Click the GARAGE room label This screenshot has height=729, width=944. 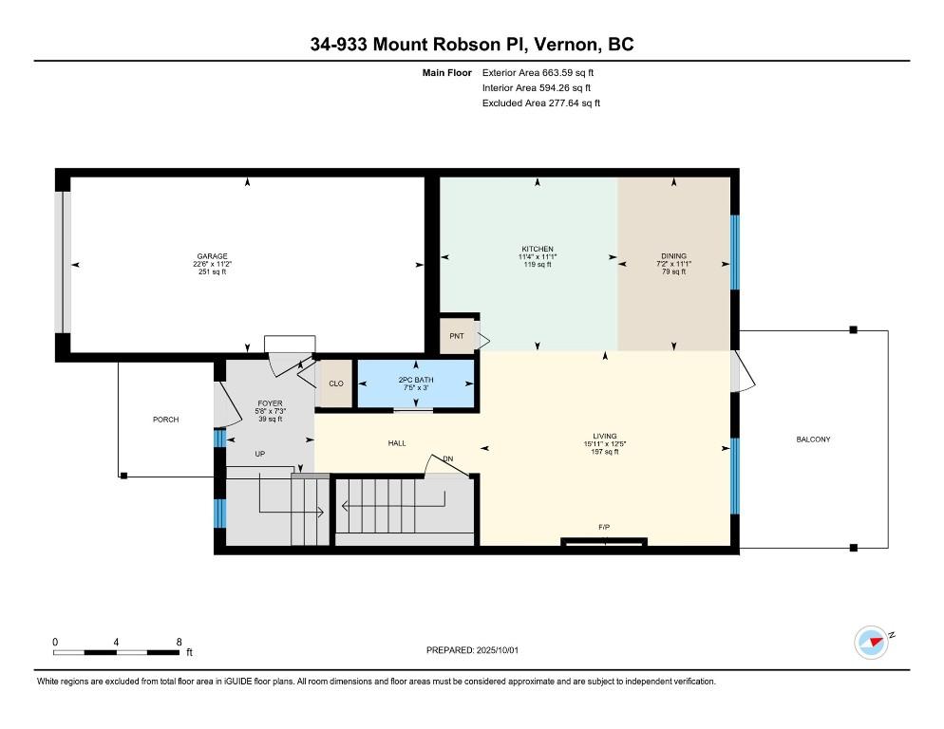pyautogui.click(x=212, y=256)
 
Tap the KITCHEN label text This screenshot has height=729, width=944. pyautogui.click(x=537, y=249)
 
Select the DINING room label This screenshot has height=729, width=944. pyautogui.click(x=673, y=256)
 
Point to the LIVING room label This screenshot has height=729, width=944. pyautogui.click(x=604, y=436)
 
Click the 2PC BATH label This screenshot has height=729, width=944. pyautogui.click(x=415, y=380)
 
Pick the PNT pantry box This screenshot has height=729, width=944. pyautogui.click(x=457, y=336)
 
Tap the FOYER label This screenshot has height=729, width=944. pyautogui.click(x=270, y=403)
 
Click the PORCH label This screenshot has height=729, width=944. pyautogui.click(x=165, y=420)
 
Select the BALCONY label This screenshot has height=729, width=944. pyautogui.click(x=813, y=439)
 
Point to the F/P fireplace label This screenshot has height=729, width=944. pyautogui.click(x=604, y=528)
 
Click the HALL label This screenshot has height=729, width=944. pyautogui.click(x=397, y=443)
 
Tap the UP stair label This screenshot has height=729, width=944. pyautogui.click(x=259, y=454)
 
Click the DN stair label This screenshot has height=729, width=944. pyautogui.click(x=448, y=458)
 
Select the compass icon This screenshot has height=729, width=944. pyautogui.click(x=871, y=643)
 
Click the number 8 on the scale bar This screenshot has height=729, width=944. pyautogui.click(x=179, y=642)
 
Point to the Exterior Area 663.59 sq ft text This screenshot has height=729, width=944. pyautogui.click(x=538, y=73)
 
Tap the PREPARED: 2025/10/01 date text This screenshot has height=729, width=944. pyautogui.click(x=472, y=650)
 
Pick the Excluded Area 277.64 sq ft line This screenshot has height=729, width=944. pyautogui.click(x=540, y=103)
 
